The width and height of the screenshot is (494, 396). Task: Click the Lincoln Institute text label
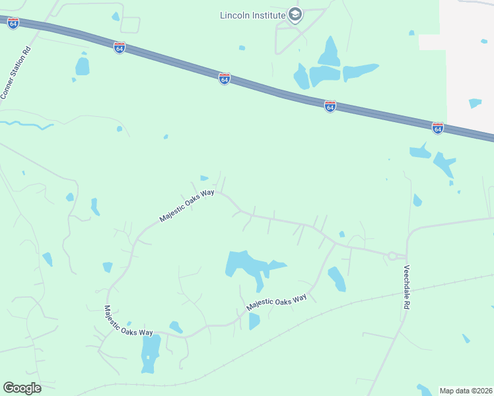[x=253, y=15]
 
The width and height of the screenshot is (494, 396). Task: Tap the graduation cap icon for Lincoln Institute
[x=296, y=15]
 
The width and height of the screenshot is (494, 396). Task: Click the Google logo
[x=22, y=388]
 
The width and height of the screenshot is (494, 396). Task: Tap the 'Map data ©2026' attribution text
[x=466, y=390]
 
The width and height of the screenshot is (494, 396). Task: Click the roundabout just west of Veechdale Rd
[x=392, y=255]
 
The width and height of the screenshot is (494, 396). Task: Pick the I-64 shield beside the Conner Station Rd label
[x=13, y=22]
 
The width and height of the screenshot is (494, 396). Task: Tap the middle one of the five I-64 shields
[x=225, y=79]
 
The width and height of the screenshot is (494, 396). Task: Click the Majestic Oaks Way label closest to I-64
[x=187, y=205]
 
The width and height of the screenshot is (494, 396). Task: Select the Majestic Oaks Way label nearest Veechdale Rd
[x=277, y=303]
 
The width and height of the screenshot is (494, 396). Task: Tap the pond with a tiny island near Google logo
[x=150, y=352]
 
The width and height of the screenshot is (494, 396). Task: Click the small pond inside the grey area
[x=475, y=103]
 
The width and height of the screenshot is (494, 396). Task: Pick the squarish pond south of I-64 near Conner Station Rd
[x=83, y=66]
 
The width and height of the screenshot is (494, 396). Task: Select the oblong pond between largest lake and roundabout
[x=336, y=279]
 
